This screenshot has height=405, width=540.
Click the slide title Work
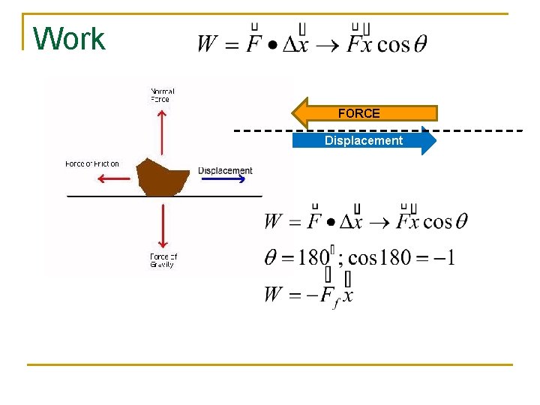pos(70,38)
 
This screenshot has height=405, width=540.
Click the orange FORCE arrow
pos(364,113)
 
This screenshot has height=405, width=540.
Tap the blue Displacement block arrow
pos(364,141)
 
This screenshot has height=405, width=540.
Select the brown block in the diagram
pos(163,177)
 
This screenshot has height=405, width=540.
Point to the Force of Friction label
pos(92,164)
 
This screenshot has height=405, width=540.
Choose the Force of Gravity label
pos(163,260)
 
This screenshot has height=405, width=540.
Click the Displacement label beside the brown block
pos(225,170)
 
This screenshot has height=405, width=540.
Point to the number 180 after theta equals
pos(313,258)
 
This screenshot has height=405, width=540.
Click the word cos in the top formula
pos(392,44)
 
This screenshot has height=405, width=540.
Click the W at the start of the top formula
pos(208,44)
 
